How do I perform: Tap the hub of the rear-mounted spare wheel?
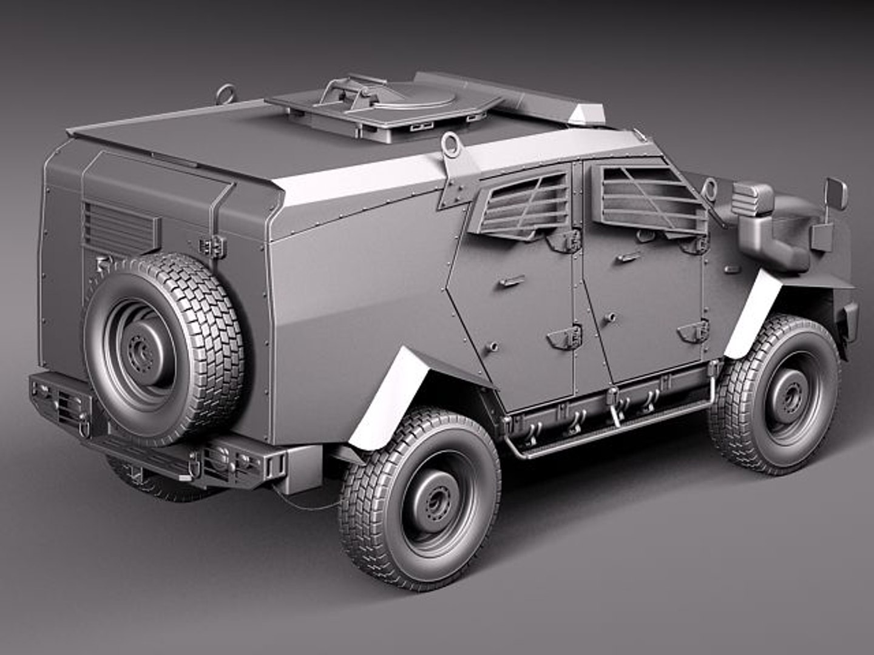(x=141, y=351)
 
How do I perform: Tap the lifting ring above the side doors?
(x=451, y=143)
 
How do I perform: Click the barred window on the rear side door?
(x=522, y=203)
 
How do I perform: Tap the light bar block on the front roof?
(x=588, y=113)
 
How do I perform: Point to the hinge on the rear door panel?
(x=212, y=246)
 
